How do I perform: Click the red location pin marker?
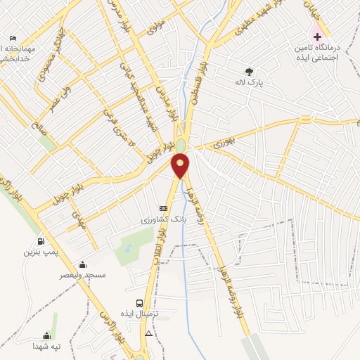pyautogui.click(x=181, y=166)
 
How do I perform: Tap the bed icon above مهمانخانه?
pyautogui.click(x=13, y=38)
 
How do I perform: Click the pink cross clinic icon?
pyautogui.click(x=317, y=34)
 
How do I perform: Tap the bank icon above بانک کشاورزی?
pyautogui.click(x=164, y=209)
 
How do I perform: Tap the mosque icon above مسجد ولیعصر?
pyautogui.click(x=83, y=265)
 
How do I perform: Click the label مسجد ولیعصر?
pyautogui.click(x=83, y=276)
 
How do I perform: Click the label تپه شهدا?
pyautogui.click(x=47, y=347)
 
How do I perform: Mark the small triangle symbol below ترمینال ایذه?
pyautogui.click(x=148, y=333)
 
